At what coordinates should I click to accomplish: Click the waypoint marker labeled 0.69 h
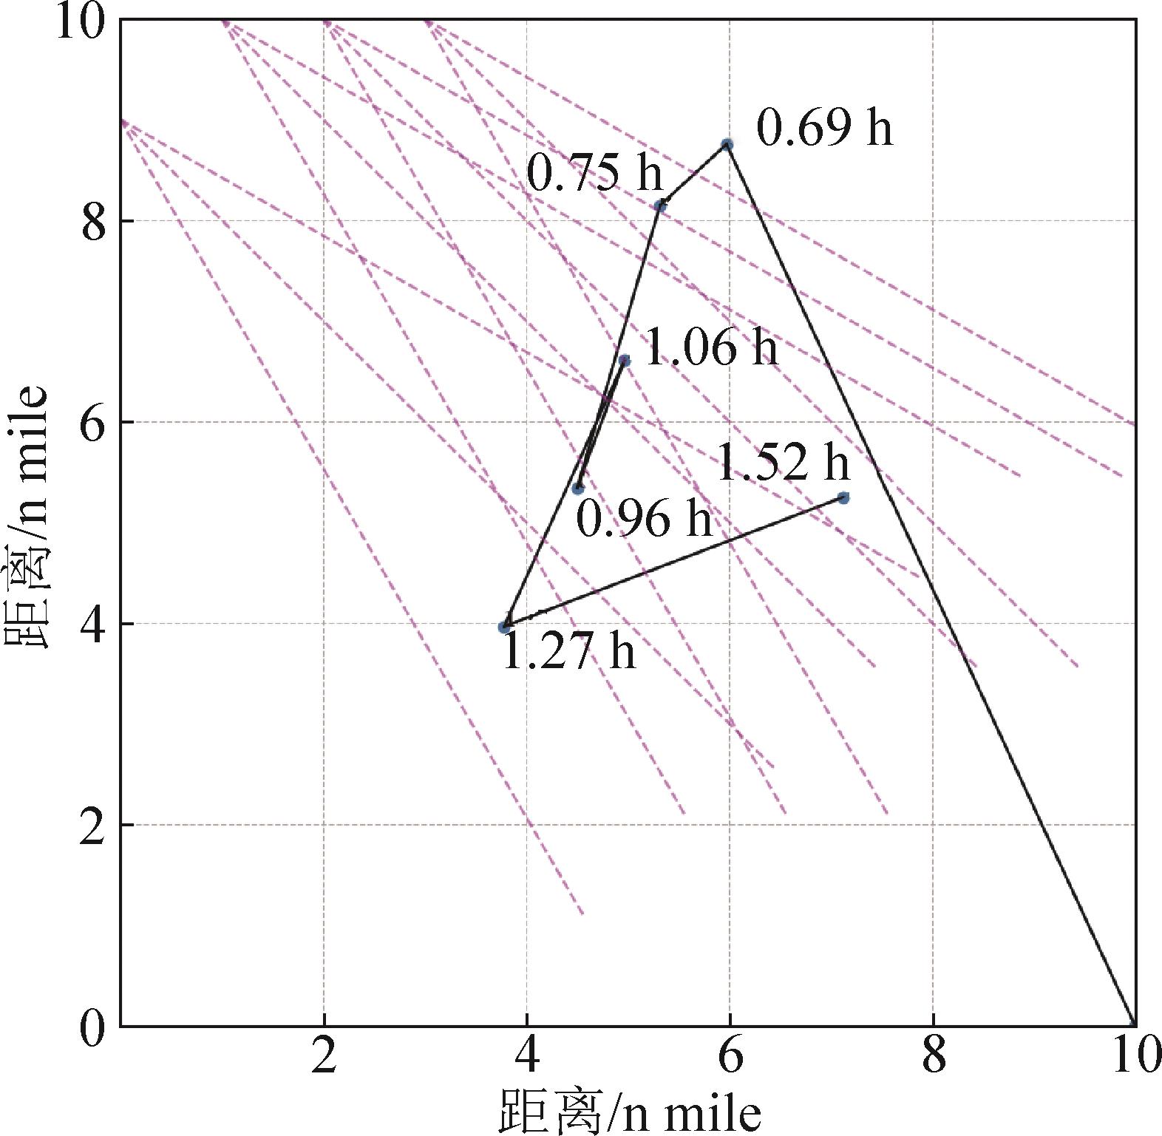tap(727, 144)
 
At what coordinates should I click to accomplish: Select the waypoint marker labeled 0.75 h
tap(661, 205)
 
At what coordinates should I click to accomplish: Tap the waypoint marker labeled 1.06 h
tap(625, 361)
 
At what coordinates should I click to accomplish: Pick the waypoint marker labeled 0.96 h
tap(579, 488)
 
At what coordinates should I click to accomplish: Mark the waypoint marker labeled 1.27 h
tap(505, 627)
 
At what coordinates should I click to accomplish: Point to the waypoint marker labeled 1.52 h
tap(843, 497)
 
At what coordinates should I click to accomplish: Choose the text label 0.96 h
tap(644, 519)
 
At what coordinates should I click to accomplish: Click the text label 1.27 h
tap(568, 652)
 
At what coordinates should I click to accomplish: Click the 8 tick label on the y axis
tap(95, 220)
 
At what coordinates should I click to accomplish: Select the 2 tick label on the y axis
tap(95, 825)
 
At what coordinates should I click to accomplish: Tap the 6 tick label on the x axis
tap(730, 1056)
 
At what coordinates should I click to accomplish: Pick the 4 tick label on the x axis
tap(526, 1056)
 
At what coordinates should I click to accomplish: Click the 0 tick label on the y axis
tap(95, 1026)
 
